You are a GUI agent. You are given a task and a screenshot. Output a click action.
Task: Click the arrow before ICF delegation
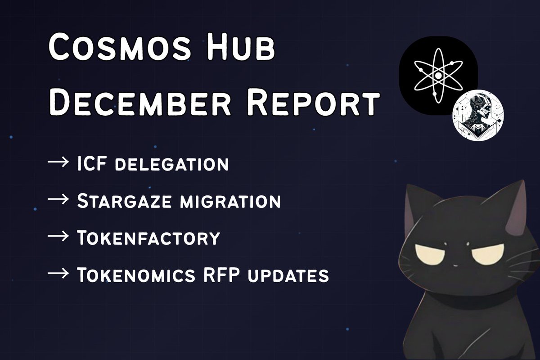(x=58, y=163)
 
